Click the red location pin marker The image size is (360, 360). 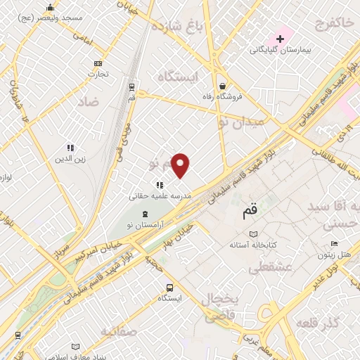pyautogui.click(x=181, y=165)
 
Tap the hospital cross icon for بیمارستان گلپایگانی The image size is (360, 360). pyautogui.click(x=280, y=38)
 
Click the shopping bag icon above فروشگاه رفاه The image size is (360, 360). pyautogui.click(x=221, y=83)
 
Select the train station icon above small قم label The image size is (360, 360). pyautogui.click(x=132, y=86)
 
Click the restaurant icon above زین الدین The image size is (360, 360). pyautogui.click(x=70, y=148)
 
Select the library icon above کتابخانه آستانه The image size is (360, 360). pyautogui.click(x=254, y=234)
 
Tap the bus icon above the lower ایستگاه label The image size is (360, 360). pyautogui.click(x=169, y=288)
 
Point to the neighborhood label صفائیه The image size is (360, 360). pyautogui.click(x=116, y=330)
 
